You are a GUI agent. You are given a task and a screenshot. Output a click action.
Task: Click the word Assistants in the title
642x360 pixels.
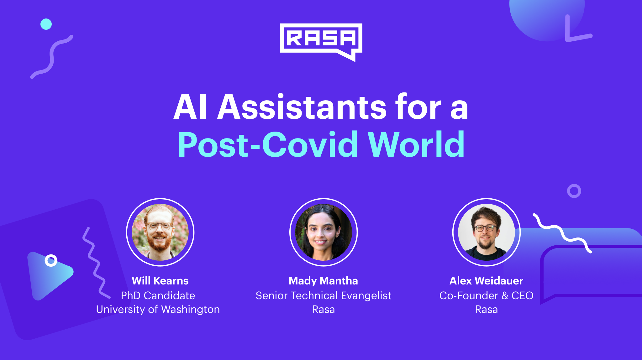302,107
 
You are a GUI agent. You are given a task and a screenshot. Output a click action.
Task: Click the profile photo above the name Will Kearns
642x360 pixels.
160,232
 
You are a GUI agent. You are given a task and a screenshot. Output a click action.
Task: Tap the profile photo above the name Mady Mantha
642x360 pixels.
324,232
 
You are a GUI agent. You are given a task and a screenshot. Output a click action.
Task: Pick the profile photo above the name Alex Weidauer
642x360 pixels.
487,232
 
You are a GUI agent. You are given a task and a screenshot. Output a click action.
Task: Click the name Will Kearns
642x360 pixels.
160,281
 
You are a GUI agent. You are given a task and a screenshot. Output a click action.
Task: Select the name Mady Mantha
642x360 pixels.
323,281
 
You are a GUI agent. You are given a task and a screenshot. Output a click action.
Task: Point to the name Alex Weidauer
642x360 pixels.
487,281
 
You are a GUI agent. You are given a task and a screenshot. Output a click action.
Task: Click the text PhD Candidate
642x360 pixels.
158,295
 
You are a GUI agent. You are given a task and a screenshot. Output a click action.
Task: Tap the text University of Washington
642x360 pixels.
158,310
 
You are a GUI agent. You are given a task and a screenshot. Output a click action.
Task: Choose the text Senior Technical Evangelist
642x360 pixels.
324,296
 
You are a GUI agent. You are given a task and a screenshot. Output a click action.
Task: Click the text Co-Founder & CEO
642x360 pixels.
487,295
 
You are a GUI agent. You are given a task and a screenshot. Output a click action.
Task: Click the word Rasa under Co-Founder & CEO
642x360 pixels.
487,310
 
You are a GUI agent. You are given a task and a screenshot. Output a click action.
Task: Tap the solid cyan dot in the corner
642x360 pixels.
46,24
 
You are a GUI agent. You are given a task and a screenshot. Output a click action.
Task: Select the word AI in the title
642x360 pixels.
190,107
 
